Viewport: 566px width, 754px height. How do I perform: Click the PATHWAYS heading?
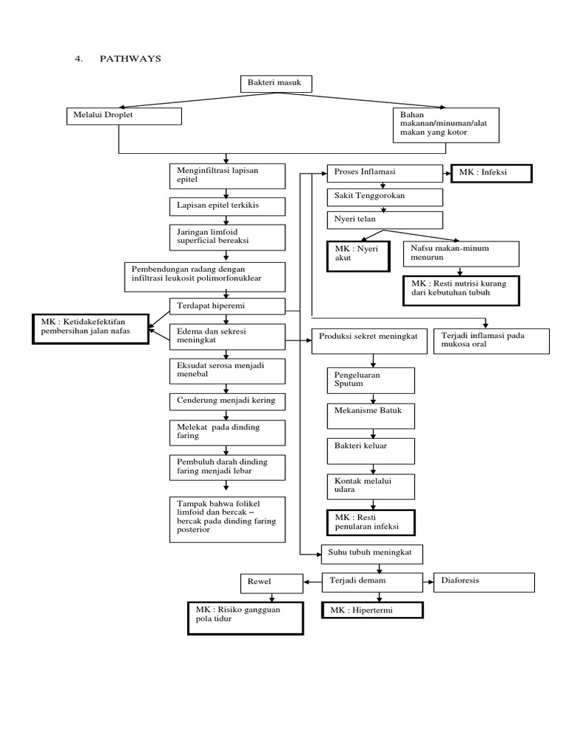point(129,59)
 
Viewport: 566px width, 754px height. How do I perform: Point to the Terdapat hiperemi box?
point(226,305)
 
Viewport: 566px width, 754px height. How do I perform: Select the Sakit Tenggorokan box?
point(385,197)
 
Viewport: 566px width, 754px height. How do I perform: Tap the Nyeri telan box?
point(385,220)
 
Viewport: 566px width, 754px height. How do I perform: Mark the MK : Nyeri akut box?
point(357,256)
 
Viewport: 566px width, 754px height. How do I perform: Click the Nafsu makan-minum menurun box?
point(461,254)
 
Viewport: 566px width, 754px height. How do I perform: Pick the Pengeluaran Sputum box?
point(371,379)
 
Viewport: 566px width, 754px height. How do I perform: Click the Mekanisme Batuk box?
point(371,415)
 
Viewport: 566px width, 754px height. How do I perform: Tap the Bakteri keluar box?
point(371,450)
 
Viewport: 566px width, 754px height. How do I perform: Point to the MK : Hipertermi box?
point(373,610)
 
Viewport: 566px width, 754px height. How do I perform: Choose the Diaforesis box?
point(484,582)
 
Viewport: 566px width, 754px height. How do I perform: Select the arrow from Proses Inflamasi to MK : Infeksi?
point(446,173)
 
